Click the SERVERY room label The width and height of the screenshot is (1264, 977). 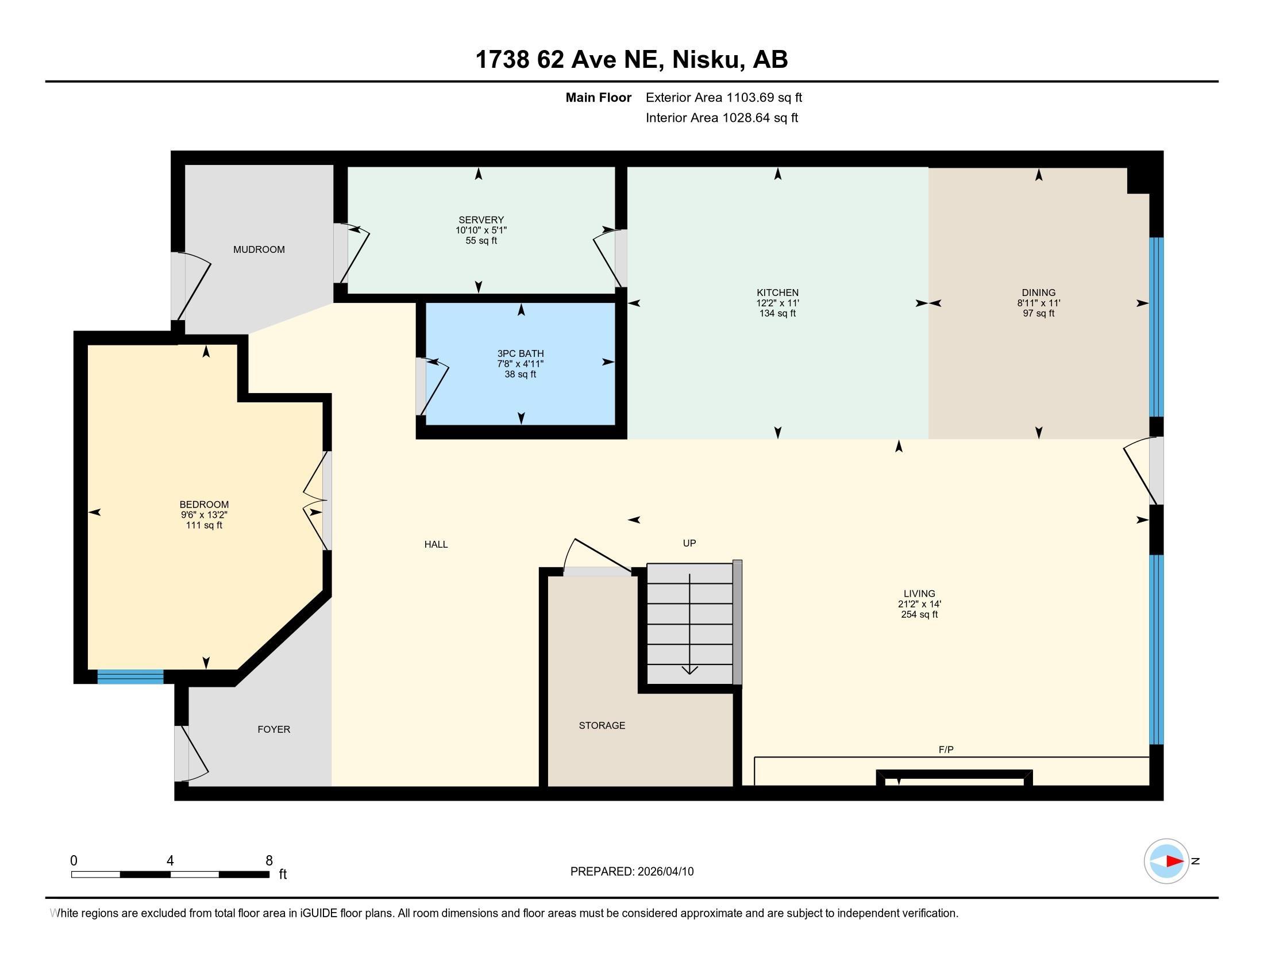(x=481, y=220)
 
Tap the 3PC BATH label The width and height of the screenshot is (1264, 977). (x=521, y=353)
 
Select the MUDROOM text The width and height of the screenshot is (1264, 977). (x=259, y=249)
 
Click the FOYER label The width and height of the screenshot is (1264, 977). (x=273, y=729)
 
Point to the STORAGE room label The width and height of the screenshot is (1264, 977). (x=602, y=725)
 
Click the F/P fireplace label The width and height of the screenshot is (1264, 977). (x=946, y=749)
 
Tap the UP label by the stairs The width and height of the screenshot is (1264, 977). (x=689, y=543)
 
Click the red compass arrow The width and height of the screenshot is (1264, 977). (x=1174, y=861)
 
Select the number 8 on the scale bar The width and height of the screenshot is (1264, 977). (x=269, y=861)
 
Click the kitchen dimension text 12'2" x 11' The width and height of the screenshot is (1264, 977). (x=777, y=303)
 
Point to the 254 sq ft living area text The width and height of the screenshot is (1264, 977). (x=919, y=615)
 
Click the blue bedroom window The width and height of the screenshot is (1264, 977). (x=130, y=676)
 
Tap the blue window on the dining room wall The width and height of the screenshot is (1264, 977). (x=1156, y=327)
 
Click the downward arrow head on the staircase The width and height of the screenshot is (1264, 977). (x=689, y=670)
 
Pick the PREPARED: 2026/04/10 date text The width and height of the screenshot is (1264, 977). (x=631, y=872)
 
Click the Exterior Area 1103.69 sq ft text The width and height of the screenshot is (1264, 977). (x=723, y=98)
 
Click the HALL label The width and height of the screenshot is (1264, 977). (x=436, y=544)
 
